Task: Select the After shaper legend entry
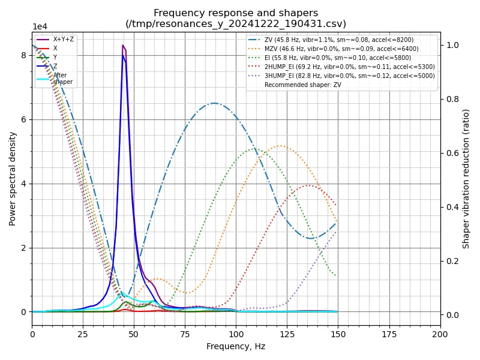pos(60,78)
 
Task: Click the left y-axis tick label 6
pos(23,119)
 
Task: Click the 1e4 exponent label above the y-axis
pos(40,27)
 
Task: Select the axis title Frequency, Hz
pos(236,346)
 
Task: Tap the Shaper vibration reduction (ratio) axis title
pos(466,179)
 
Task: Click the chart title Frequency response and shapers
pos(236,13)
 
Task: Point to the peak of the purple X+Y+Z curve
pos(123,45)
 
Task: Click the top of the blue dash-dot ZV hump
pos(214,103)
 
